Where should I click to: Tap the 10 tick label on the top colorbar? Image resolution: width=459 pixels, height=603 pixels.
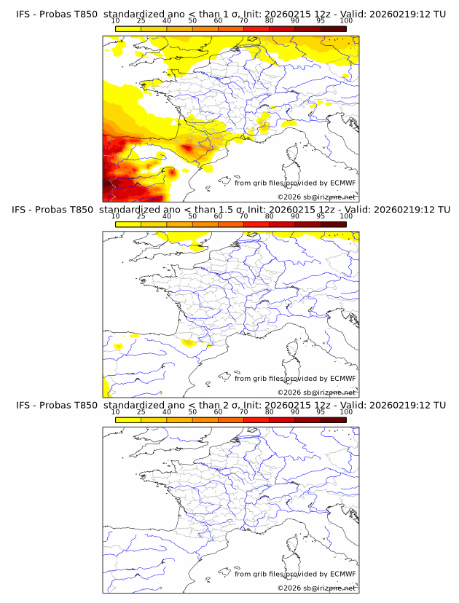(x=115, y=21)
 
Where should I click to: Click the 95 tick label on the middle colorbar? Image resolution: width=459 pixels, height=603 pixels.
(x=320, y=216)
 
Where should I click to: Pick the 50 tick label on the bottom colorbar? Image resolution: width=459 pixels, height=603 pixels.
(x=192, y=411)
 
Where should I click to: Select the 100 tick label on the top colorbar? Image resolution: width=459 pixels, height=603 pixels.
(x=345, y=21)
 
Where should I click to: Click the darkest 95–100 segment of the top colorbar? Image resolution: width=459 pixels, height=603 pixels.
(x=333, y=28)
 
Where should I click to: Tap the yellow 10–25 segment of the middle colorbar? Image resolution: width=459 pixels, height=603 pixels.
(x=127, y=224)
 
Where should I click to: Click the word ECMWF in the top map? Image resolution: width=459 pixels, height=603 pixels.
(x=342, y=184)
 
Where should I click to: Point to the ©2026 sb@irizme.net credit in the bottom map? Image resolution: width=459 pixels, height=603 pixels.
(x=317, y=588)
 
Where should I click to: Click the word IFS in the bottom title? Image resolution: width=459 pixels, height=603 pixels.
(x=24, y=405)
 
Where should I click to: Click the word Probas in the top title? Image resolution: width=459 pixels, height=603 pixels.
(x=57, y=15)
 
